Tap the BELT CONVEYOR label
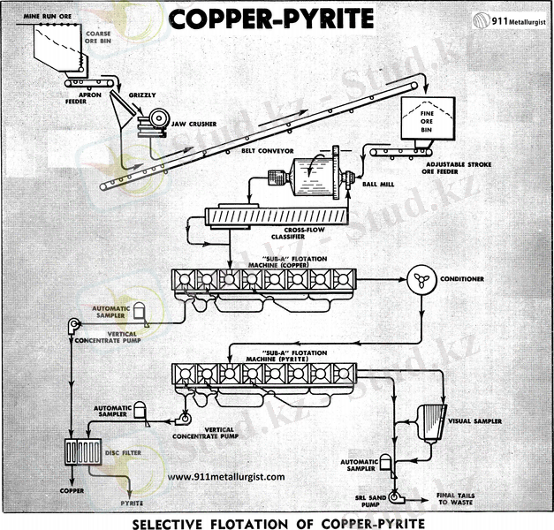point(268,150)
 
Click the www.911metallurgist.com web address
point(225,477)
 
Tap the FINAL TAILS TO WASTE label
point(455,499)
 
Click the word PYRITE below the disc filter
point(131,503)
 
